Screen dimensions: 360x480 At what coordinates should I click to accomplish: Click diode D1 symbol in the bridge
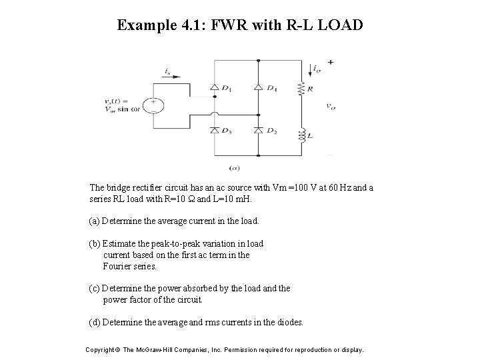click(214, 87)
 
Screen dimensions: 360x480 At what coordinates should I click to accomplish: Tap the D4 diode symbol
click(257, 87)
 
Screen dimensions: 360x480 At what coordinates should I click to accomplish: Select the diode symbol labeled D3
click(214, 130)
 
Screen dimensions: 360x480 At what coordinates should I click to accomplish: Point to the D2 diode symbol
click(257, 130)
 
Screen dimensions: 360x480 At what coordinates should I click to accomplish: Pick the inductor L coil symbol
click(301, 135)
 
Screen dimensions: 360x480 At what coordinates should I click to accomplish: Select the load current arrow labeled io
click(313, 68)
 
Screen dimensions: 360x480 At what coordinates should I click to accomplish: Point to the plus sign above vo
click(331, 62)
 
